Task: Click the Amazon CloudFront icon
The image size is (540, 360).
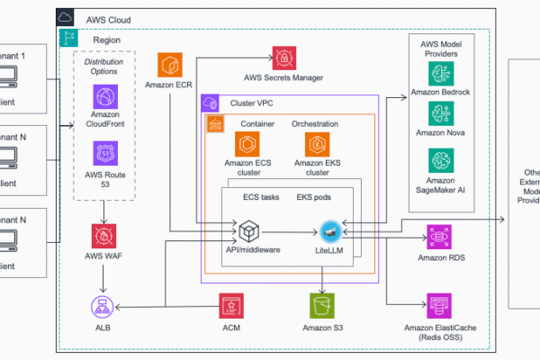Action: (x=104, y=97)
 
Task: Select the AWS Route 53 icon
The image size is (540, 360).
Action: (x=104, y=152)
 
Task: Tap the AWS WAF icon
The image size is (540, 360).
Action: (x=104, y=237)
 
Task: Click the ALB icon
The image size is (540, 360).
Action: (x=104, y=304)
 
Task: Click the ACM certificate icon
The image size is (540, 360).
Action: (x=230, y=304)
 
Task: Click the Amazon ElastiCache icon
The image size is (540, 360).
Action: (x=440, y=303)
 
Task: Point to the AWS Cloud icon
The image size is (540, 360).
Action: (x=66, y=17)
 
